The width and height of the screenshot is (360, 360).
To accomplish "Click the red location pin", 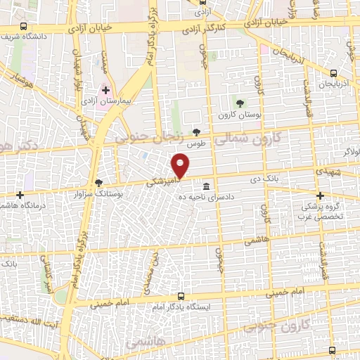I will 181,165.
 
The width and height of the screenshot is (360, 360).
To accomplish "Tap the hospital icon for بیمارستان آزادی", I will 105,91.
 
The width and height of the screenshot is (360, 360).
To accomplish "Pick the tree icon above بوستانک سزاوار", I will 98,181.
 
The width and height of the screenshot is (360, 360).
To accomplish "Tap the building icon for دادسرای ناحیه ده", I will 206,186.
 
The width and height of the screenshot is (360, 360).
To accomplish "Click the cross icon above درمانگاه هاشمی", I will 20,195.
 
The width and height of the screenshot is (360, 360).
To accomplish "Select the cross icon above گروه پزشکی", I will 320,196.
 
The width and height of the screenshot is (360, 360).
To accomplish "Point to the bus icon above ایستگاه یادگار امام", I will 181,297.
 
